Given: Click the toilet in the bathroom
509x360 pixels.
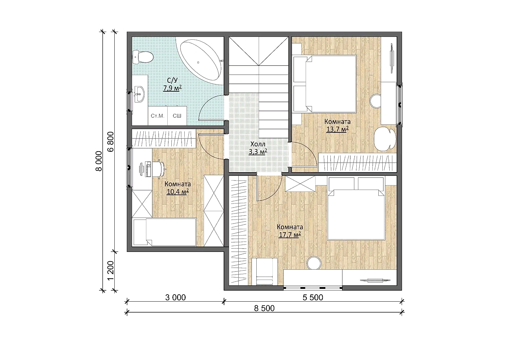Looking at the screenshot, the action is coord(142,57).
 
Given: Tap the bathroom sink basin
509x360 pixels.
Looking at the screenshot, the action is coord(139,94).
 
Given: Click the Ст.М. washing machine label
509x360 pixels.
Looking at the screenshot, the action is coord(157,116).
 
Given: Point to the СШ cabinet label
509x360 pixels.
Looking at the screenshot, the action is coord(177,116).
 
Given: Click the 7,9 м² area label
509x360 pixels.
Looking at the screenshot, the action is coord(172,88).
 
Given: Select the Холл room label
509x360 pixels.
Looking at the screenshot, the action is coord(258,144).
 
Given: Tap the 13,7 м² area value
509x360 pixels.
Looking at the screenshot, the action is coord(337,129).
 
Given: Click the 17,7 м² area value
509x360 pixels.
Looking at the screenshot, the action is coord(290,235).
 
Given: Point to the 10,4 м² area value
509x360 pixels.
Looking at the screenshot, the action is coord(178,192).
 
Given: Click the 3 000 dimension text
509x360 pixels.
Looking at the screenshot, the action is coord(175,297).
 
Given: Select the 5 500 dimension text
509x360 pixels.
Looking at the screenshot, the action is coord(313,297).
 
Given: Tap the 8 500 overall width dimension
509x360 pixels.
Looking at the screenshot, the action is coord(264,308).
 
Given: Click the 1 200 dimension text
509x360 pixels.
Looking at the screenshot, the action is coord(110,271).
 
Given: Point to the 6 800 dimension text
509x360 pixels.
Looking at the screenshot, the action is coord(110,141).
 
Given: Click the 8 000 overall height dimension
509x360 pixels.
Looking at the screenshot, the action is coord(99,161).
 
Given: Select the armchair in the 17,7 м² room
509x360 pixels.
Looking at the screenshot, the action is coord(264,271).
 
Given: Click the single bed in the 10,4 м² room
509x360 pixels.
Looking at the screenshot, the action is coord(165,232).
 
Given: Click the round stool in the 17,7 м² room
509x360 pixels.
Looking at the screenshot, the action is coord(314,264).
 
